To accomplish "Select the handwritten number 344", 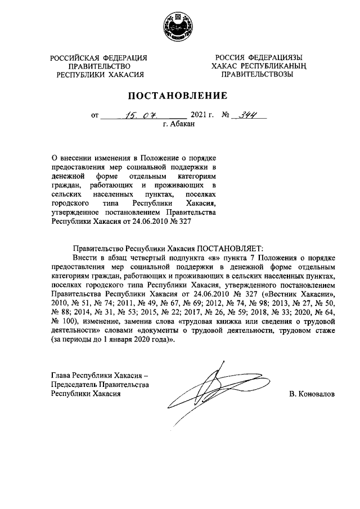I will coord(245,115).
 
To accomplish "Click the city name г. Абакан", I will coord(179,125).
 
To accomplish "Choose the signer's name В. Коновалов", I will coord(312,394).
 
